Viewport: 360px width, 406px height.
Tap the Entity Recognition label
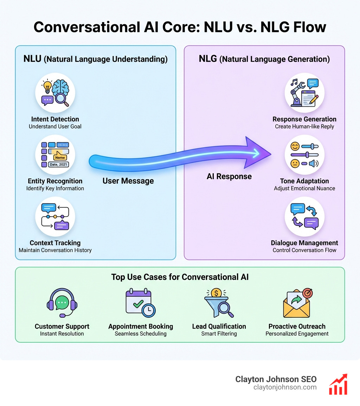[55, 181]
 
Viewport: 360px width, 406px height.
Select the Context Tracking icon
[55, 217]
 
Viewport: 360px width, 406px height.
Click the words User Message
[128, 181]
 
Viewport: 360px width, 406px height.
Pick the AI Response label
[229, 176]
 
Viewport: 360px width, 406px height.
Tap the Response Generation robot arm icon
[304, 93]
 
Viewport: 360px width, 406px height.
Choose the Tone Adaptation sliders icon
[304, 155]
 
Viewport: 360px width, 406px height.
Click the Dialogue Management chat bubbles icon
[304, 217]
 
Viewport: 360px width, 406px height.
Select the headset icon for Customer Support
[62, 303]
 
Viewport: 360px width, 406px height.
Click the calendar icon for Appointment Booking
[140, 302]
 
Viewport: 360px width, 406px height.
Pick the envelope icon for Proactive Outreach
[297, 303]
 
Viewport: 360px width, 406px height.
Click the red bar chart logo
[338, 384]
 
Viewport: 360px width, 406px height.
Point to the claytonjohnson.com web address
[285, 387]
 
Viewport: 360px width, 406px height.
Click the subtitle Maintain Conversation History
[55, 250]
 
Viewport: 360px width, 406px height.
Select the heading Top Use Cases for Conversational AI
[180, 277]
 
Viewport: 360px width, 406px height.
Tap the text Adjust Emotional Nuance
[304, 188]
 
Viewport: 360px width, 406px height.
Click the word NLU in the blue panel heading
[32, 59]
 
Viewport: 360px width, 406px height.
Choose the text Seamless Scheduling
[141, 334]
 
